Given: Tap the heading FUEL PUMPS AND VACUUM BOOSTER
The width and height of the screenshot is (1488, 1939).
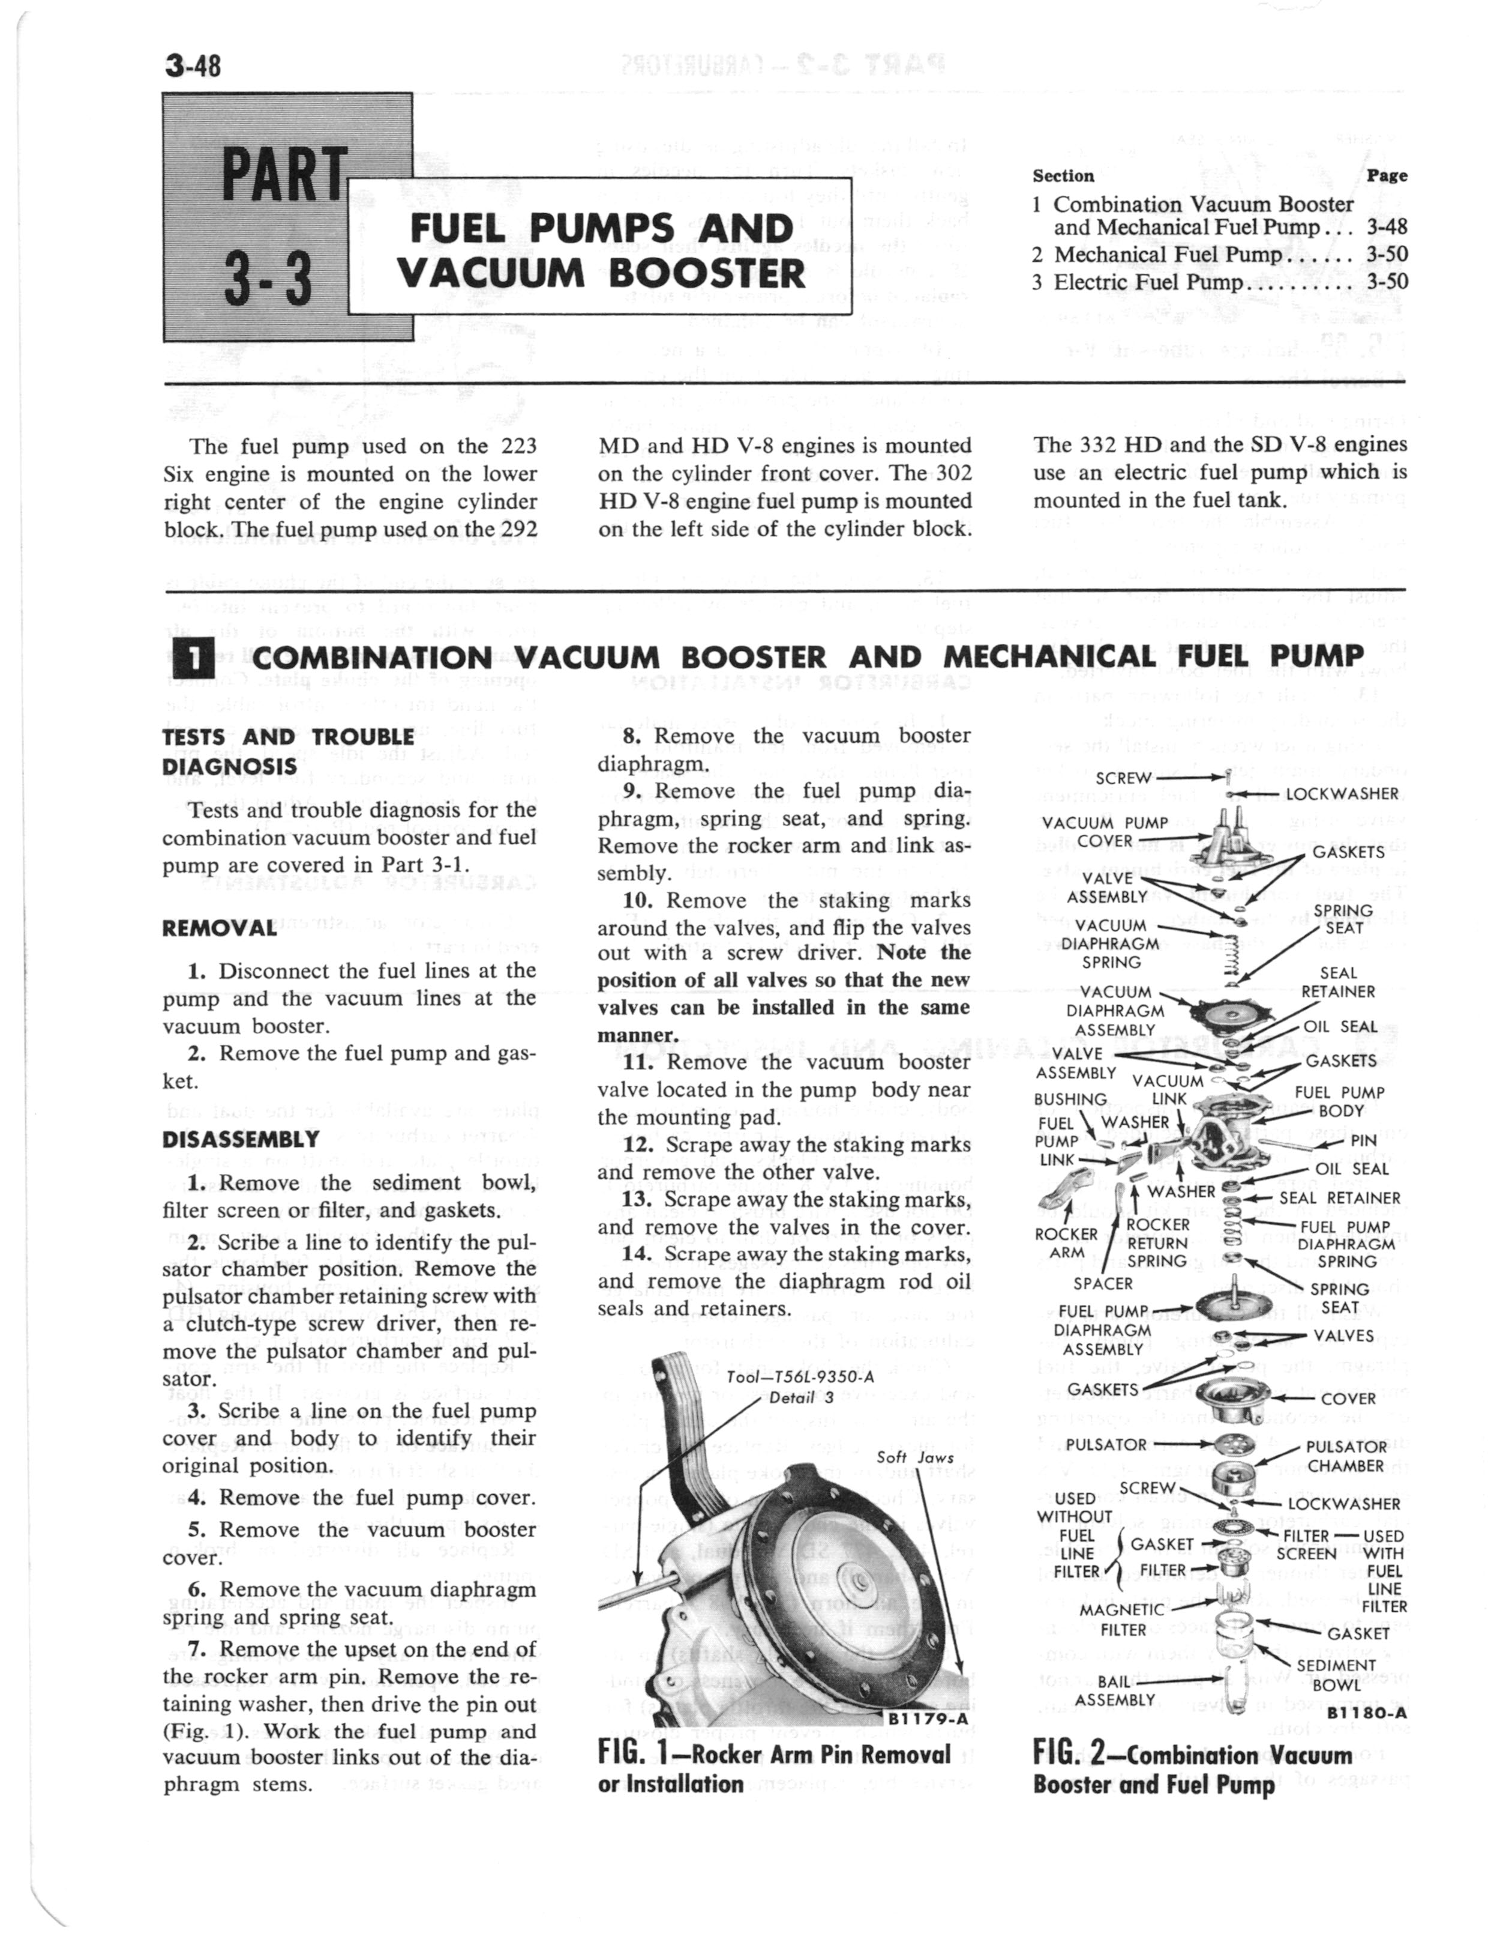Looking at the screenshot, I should click(x=601, y=250).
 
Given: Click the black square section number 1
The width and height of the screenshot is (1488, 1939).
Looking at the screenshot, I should click(x=191, y=657).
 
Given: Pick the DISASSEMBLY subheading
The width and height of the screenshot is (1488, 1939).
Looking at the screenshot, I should click(x=240, y=1139).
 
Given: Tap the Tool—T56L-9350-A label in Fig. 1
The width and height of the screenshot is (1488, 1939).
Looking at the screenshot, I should click(x=799, y=1376).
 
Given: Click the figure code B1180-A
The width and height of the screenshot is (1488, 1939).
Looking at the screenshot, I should click(x=1367, y=1714).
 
